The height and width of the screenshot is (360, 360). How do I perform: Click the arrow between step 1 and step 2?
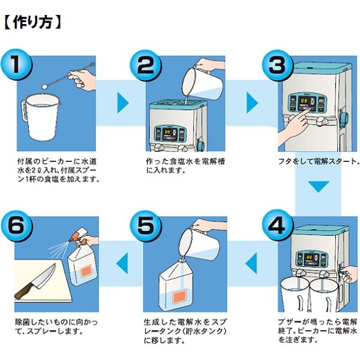[x=122, y=103]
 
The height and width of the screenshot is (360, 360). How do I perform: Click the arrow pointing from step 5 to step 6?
[x=122, y=261]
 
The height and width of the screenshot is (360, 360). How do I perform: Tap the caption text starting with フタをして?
[x=318, y=161]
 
